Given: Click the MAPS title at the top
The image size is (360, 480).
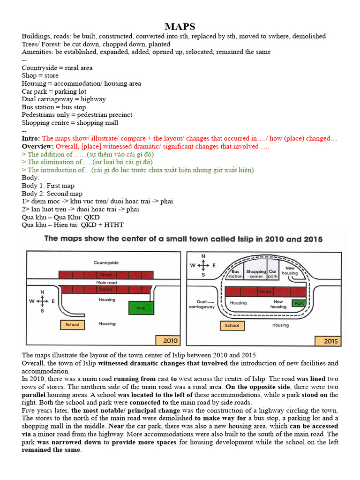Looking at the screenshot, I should (180, 26).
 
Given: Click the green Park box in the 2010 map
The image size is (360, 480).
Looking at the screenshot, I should (140, 308).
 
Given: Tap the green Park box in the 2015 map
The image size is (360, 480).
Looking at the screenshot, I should (299, 303).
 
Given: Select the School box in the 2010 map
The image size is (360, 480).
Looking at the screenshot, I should (72, 324).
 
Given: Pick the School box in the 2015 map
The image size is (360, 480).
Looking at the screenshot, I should (232, 325).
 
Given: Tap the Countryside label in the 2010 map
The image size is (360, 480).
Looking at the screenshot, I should (106, 263).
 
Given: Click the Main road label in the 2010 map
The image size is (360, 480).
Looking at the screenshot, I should (106, 283).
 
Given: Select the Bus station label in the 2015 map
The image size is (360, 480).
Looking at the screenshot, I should (235, 274).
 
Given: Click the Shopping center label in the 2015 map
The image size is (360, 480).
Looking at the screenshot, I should (256, 274).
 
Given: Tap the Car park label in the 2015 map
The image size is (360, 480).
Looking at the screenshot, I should (273, 274).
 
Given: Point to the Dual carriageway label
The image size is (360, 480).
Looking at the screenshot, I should (201, 304).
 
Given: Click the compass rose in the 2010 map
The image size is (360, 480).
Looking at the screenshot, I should (42, 301).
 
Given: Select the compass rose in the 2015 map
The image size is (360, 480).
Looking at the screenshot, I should (203, 265).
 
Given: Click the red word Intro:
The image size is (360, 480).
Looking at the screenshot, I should (31, 139).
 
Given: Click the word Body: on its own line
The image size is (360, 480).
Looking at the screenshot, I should (30, 178).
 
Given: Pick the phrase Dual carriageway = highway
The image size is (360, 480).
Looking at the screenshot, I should (64, 99).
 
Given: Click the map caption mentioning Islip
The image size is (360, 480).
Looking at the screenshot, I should (183, 239).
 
